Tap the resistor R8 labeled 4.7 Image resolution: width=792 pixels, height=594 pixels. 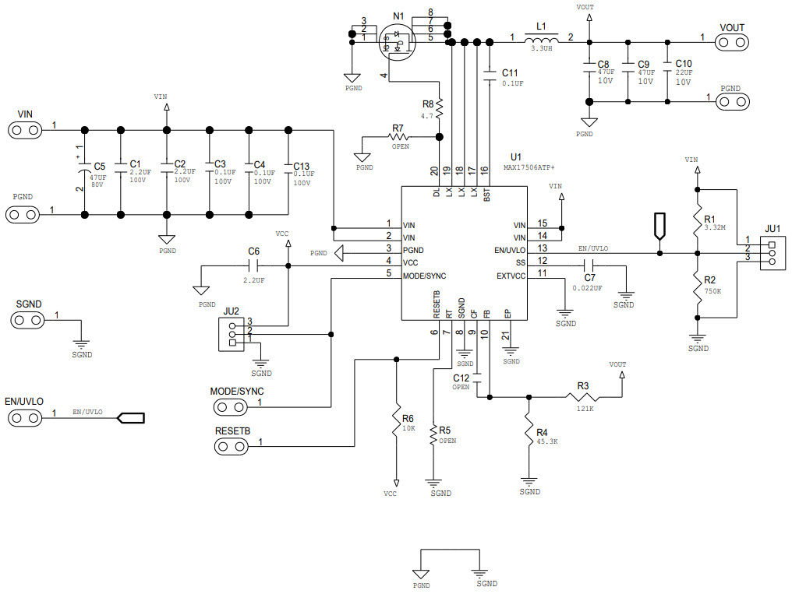(x=440, y=108)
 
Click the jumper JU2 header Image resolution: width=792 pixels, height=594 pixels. (x=232, y=334)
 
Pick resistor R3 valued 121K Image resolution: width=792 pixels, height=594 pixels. (x=584, y=398)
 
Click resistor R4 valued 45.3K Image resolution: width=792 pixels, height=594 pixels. (x=529, y=433)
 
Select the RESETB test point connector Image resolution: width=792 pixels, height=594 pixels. (x=231, y=446)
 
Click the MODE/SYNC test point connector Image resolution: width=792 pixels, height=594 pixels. (x=231, y=406)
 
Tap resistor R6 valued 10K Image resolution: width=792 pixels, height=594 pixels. (x=397, y=425)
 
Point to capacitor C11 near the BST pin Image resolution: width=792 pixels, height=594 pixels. (x=490, y=75)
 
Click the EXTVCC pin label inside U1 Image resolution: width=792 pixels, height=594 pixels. (x=511, y=276)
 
